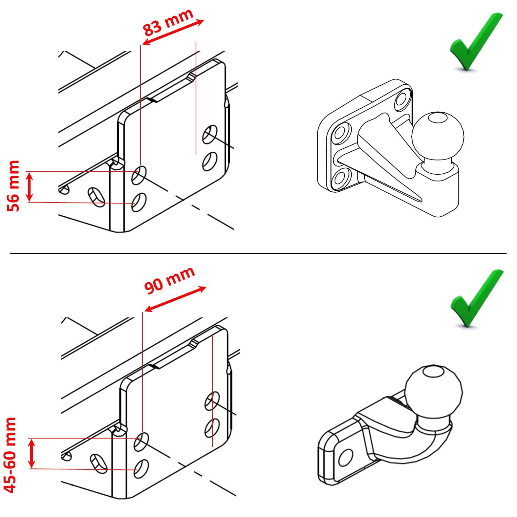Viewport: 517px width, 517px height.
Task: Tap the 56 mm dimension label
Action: [13, 186]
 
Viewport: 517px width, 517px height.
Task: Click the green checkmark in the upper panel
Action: [476, 41]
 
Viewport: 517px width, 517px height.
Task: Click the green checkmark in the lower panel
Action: [477, 298]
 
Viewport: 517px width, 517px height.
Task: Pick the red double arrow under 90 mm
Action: [175, 299]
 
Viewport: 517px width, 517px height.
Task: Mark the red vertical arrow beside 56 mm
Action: [30, 187]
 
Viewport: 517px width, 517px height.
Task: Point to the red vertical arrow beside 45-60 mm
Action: [32, 453]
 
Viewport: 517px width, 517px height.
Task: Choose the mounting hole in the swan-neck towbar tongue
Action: [345, 457]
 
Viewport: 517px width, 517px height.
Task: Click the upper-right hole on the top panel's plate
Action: [209, 134]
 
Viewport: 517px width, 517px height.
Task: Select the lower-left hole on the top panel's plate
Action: [139, 203]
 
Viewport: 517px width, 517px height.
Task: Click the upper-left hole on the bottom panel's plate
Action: [141, 442]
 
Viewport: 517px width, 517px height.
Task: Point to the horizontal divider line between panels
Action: [258, 253]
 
